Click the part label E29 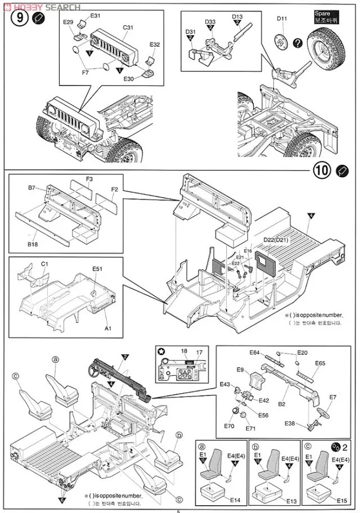68,22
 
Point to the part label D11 282,19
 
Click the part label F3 89,179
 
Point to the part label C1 45,264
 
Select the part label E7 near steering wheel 332,397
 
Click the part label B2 283,404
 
